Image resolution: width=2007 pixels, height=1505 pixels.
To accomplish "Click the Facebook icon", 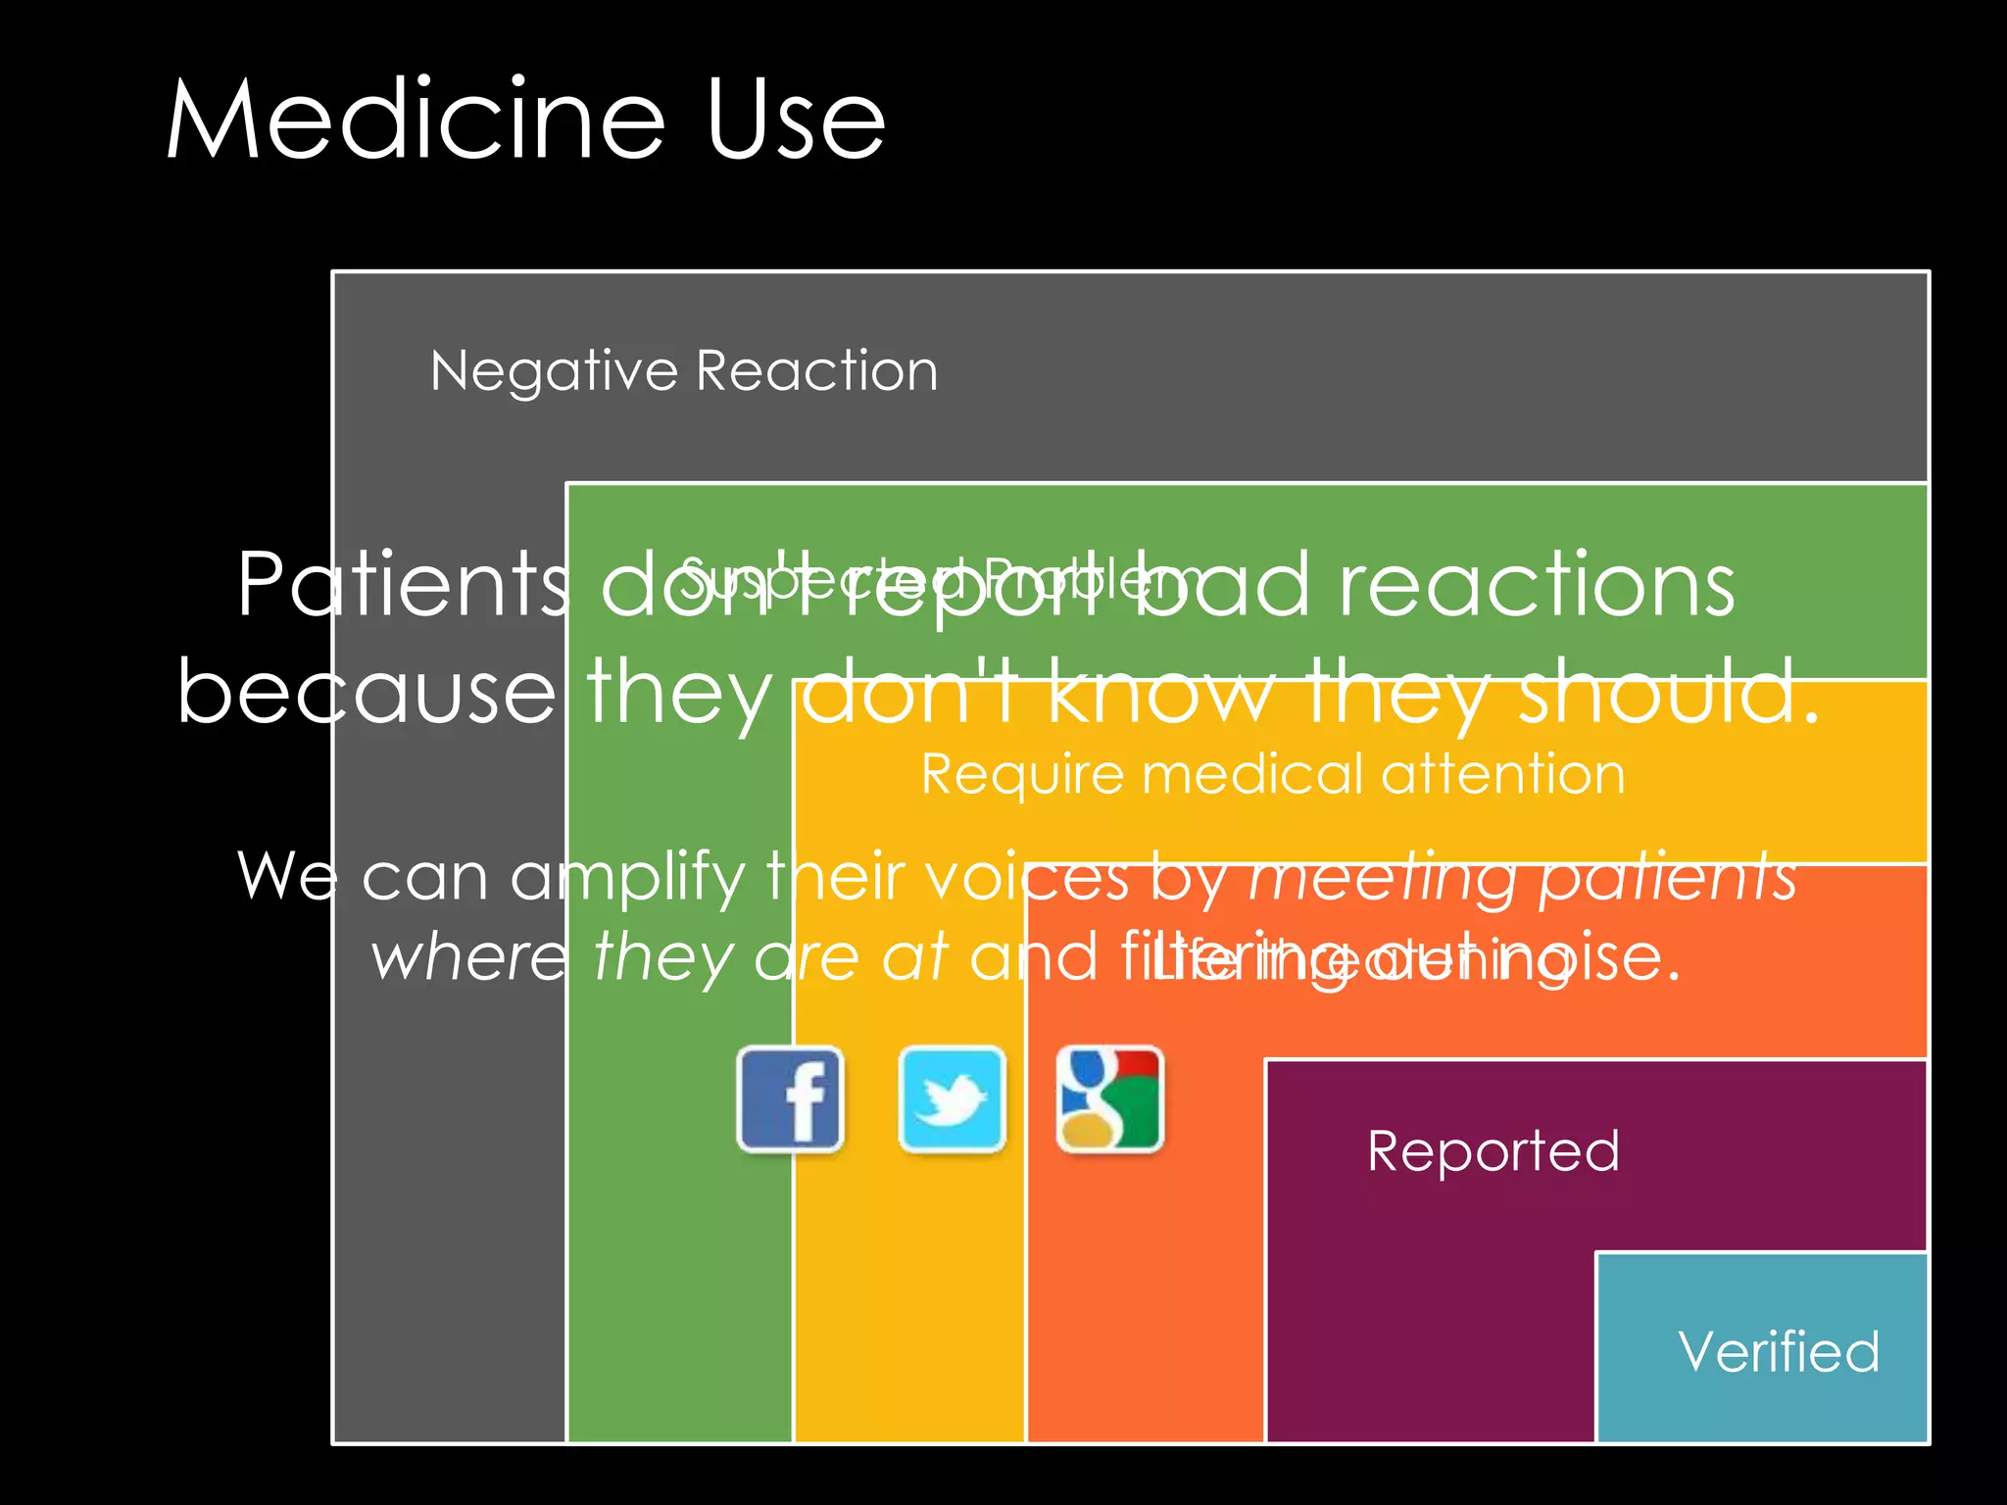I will [x=790, y=1098].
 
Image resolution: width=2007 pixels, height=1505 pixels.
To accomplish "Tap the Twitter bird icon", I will [x=952, y=1098].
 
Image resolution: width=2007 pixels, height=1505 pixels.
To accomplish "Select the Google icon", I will [x=1109, y=1098].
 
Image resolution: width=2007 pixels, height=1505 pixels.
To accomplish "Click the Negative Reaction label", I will [x=684, y=371].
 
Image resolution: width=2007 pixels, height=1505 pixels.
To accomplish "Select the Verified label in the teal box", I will [x=1779, y=1352].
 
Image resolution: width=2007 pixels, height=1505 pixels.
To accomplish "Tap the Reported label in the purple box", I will [x=1493, y=1151].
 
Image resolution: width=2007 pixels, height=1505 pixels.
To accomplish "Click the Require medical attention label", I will [x=1272, y=774].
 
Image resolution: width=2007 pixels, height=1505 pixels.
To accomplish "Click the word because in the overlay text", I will [x=367, y=692].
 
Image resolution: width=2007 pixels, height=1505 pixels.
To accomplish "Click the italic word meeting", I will [x=1383, y=878].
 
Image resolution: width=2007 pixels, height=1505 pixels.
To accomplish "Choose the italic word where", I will [x=469, y=957].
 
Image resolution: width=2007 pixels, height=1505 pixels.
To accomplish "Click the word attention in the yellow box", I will [x=1503, y=774].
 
